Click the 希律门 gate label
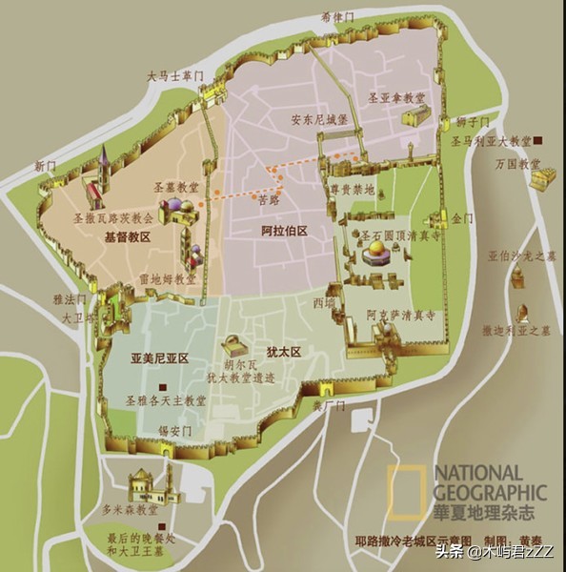(x=337, y=16)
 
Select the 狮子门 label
(x=473, y=122)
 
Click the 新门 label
(x=46, y=165)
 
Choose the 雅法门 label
(x=71, y=299)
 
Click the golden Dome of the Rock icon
(x=374, y=253)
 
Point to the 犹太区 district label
(x=284, y=352)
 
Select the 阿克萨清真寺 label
(x=402, y=313)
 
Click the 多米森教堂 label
(x=128, y=510)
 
